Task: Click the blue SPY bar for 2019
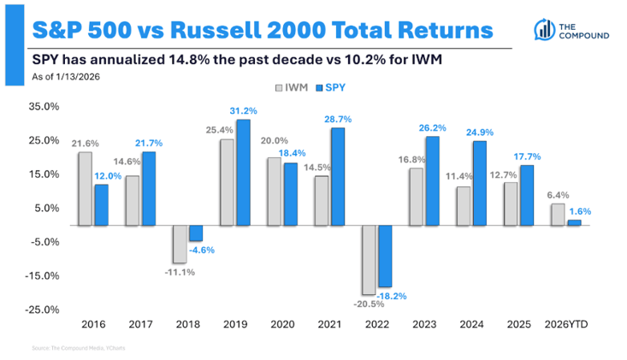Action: point(244,172)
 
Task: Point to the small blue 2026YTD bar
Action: point(574,222)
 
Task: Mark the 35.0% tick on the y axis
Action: point(44,107)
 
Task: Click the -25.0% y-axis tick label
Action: point(42,310)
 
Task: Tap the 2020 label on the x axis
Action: point(282,325)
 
